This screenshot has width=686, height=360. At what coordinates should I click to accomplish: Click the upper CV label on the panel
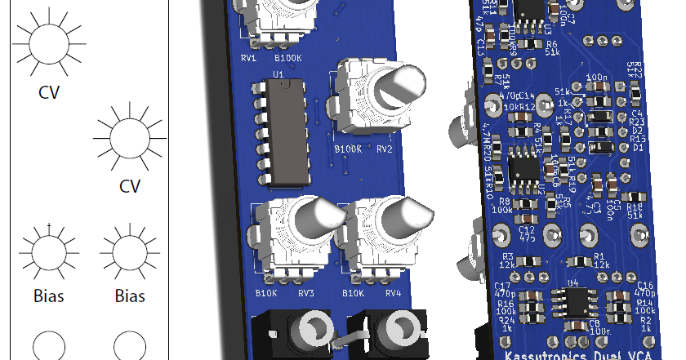[x=50, y=92]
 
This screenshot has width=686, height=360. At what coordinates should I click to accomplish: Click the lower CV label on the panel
[x=130, y=186]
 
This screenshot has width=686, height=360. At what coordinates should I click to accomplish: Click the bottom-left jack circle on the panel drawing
[x=50, y=345]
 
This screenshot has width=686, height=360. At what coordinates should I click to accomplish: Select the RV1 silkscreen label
[x=249, y=59]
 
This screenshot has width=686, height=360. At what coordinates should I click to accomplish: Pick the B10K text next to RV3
[x=266, y=293]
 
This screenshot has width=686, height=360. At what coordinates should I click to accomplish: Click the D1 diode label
[x=638, y=147]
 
